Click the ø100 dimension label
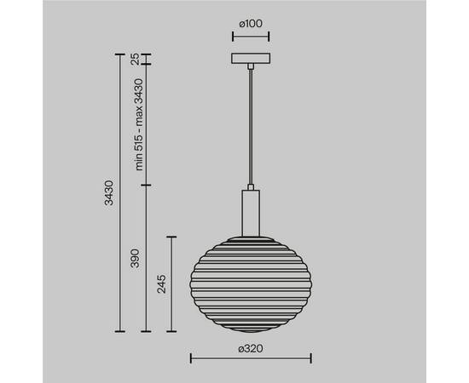(x=250, y=25)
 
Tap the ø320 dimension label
(x=250, y=348)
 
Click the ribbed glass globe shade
(x=250, y=281)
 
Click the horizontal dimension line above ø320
(x=250, y=357)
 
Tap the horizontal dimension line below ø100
(x=250, y=37)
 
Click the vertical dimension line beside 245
(x=175, y=284)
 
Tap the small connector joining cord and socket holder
(x=250, y=186)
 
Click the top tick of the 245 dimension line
(x=175, y=236)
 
